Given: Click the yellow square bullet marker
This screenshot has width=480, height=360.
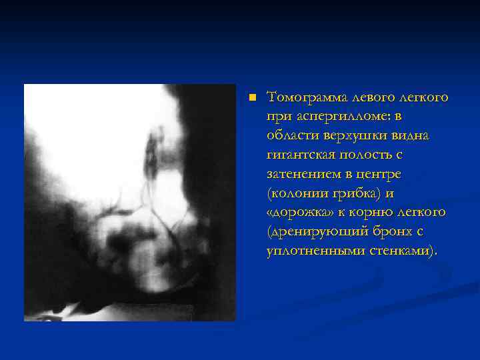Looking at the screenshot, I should click(x=252, y=97).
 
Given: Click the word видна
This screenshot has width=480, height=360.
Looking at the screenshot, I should click(x=413, y=136).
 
